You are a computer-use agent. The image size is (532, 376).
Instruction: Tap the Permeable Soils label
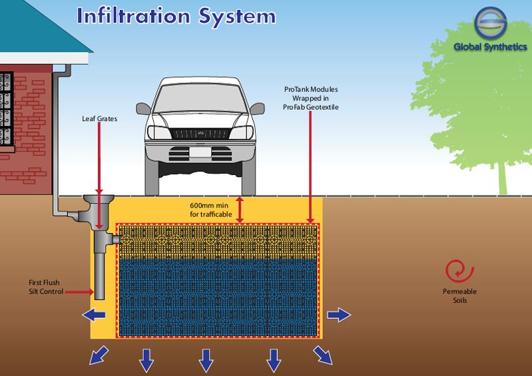pyautogui.click(x=459, y=296)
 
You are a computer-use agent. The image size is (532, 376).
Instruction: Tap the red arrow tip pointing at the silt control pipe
pyautogui.click(x=93, y=291)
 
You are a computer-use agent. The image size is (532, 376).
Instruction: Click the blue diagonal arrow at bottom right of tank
pyautogui.click(x=324, y=357)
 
